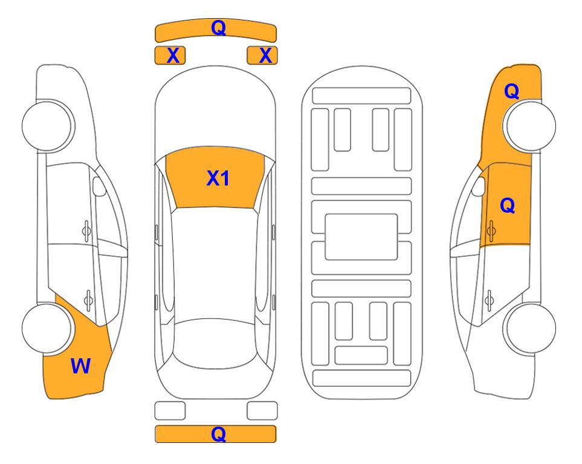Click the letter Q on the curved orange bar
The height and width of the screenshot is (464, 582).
coord(218,28)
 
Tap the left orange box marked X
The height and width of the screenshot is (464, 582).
coord(170,56)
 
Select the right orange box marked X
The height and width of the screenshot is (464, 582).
coord(262,56)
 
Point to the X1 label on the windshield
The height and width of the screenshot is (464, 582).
coord(218,178)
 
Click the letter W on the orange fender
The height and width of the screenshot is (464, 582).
coord(80,366)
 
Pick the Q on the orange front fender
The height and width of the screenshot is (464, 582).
coord(511,91)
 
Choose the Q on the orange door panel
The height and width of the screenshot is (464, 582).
coord(508,205)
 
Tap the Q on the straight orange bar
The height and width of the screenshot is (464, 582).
coord(218,434)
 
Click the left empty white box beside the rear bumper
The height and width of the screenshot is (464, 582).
coord(170,411)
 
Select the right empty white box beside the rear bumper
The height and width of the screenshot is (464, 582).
coord(262,411)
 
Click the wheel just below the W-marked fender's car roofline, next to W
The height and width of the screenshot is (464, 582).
coord(47,328)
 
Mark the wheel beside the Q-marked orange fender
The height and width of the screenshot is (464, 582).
coord(531,126)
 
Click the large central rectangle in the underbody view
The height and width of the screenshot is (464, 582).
coord(361,237)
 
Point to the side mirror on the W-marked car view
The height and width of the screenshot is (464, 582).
coord(99,186)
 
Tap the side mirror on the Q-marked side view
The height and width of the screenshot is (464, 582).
coord(479,186)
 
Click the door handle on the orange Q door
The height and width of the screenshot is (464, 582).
coord(491,231)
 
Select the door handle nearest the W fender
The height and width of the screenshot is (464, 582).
coord(88,300)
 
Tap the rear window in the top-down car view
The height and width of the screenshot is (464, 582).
coord(215,343)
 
